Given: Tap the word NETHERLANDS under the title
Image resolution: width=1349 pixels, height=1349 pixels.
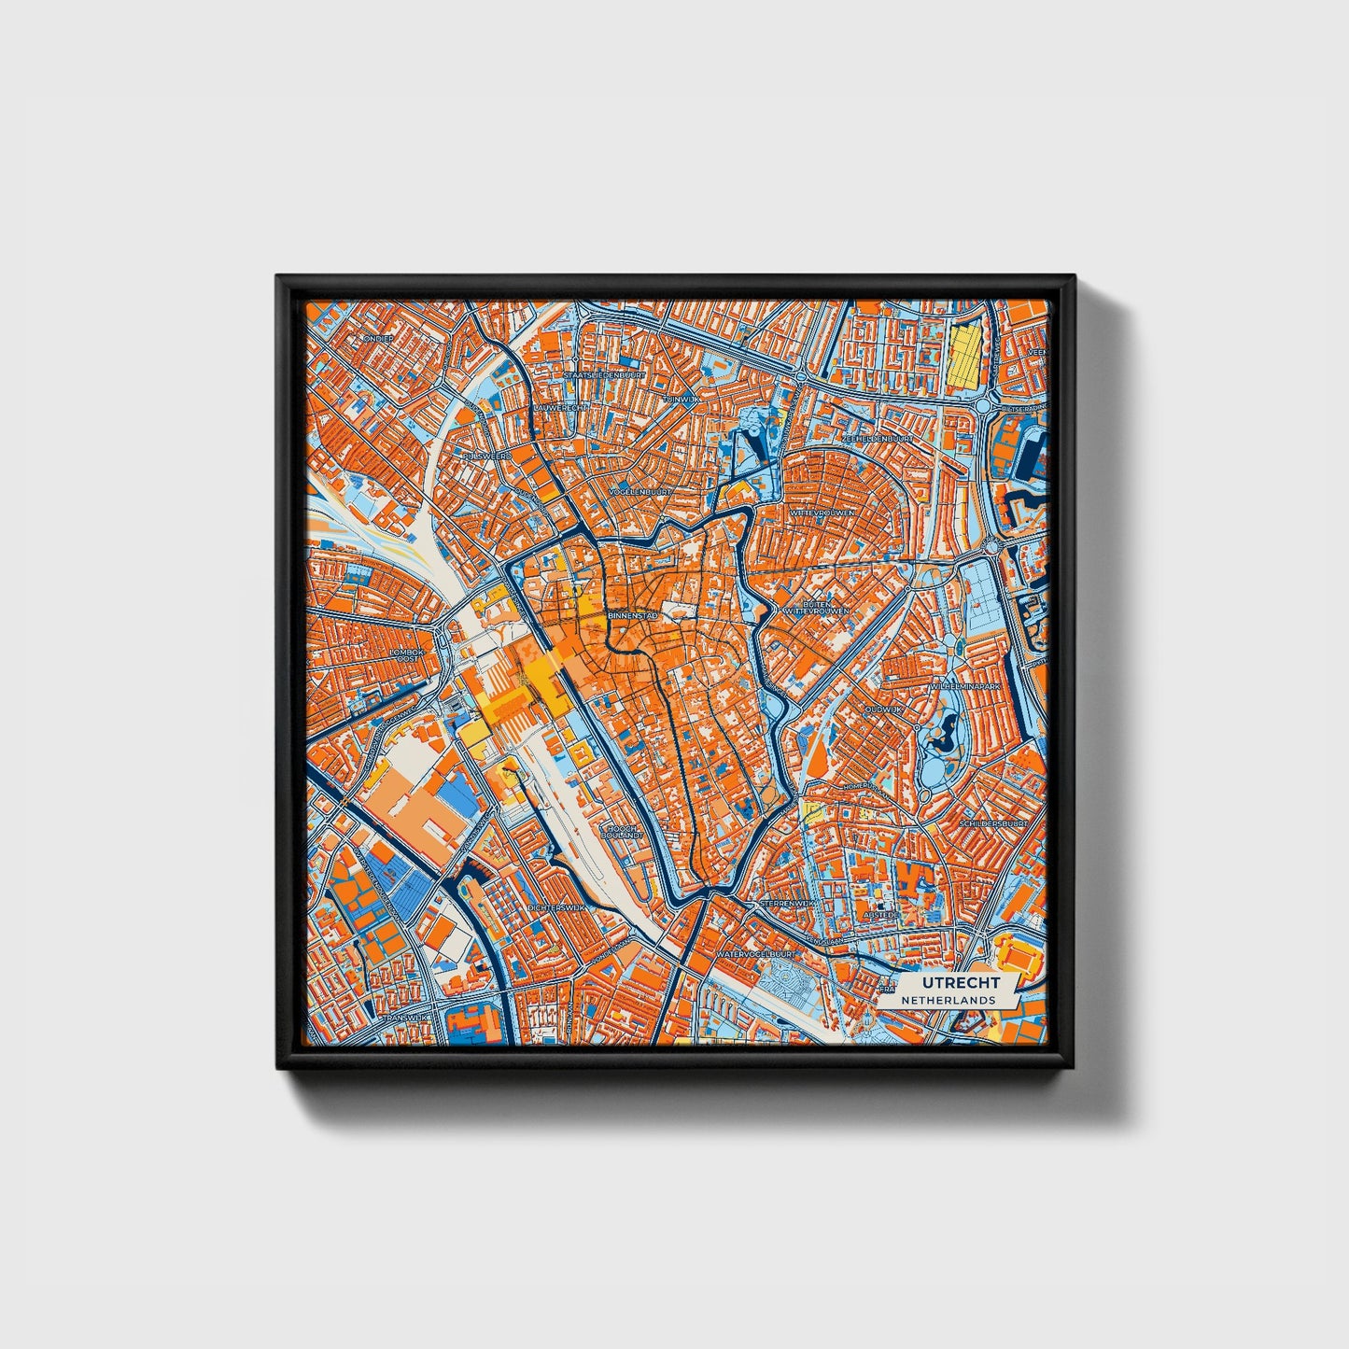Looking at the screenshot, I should coord(948,999).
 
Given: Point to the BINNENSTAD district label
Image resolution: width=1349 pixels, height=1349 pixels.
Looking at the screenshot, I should coord(633,616).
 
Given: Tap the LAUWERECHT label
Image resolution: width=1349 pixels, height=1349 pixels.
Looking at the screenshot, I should coord(561,408).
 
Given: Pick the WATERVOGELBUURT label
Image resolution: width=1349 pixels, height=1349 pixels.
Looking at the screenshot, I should coord(755,955).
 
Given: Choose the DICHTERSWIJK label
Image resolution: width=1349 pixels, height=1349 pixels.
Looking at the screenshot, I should coord(555,906).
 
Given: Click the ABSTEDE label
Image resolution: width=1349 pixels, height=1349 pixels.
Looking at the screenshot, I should coord(880,916).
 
